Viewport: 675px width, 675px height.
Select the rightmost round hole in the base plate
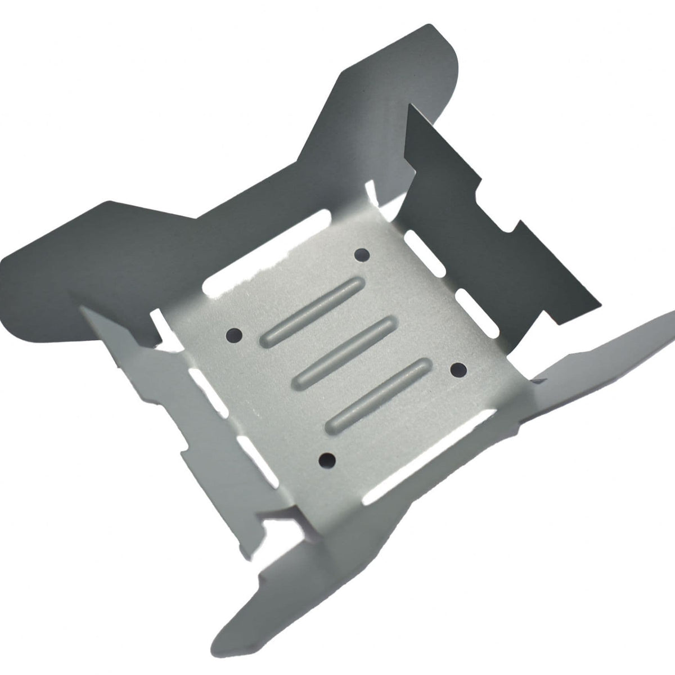[459, 370]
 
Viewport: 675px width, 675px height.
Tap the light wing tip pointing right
[647, 332]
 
